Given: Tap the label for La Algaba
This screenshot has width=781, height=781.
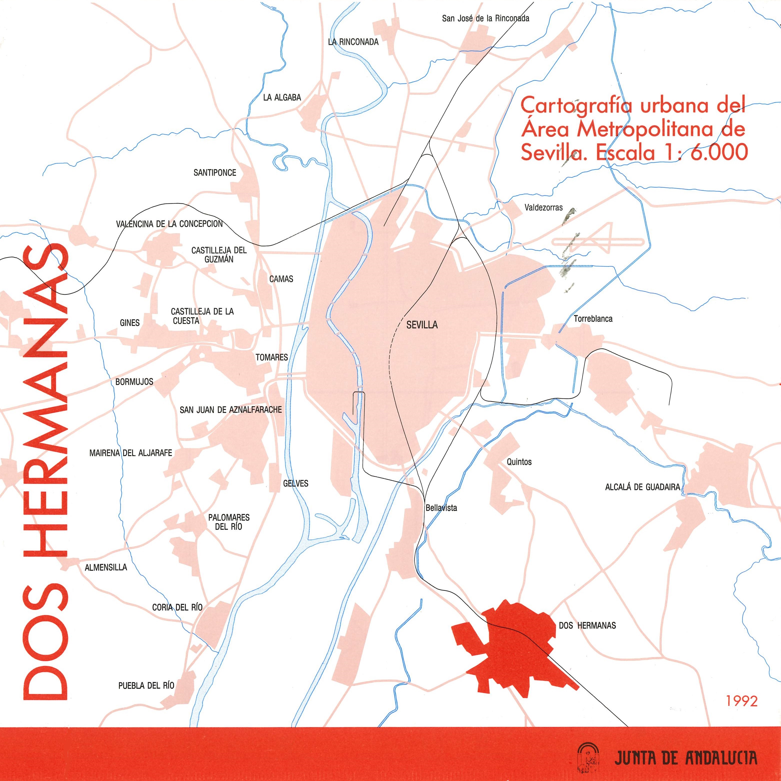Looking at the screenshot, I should point(282,97).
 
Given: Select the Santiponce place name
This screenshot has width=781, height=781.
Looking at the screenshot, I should point(215,172).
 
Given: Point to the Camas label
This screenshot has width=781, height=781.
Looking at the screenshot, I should point(281,279).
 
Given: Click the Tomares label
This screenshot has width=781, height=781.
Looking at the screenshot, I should point(272,357).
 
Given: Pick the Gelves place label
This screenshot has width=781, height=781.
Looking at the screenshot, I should point(295,483).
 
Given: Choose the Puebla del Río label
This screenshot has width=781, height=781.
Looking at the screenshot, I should point(146,685).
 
